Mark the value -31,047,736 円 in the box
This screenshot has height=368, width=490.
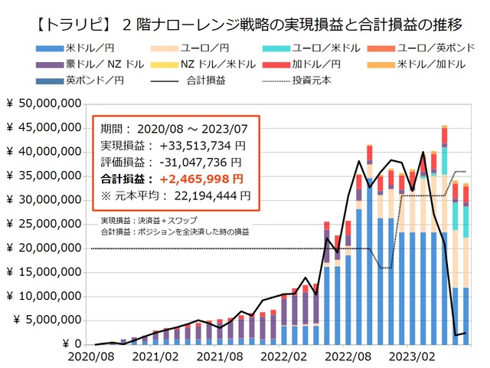(201, 162)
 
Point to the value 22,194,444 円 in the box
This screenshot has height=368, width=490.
(209, 195)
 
